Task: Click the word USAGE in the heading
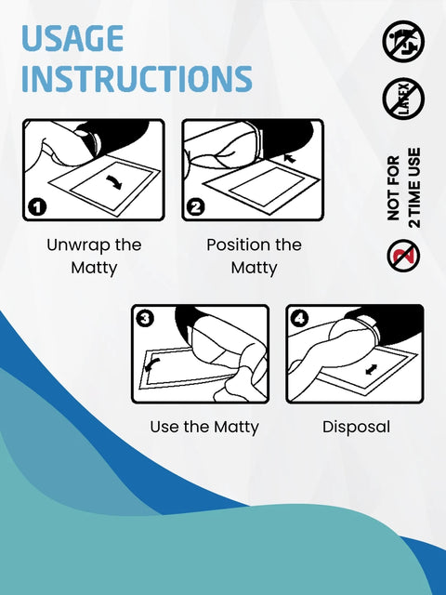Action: click(72, 38)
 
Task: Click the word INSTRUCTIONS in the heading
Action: click(137, 78)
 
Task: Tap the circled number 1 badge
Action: click(37, 207)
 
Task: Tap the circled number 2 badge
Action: click(196, 207)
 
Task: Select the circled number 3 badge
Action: click(145, 318)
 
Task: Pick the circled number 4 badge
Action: click(300, 318)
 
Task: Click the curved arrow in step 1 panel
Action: click(114, 182)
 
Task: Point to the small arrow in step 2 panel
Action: click(290, 158)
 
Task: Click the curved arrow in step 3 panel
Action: click(152, 365)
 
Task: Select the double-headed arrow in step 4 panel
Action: click(372, 369)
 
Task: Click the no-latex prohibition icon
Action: click(403, 99)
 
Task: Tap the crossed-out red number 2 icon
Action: click(403, 256)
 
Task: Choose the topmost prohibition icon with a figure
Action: click(403, 41)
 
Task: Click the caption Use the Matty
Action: click(204, 428)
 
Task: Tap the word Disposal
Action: click(356, 428)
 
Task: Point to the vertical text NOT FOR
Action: click(394, 188)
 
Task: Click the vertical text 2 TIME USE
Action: click(414, 188)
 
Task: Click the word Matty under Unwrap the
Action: click(94, 269)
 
